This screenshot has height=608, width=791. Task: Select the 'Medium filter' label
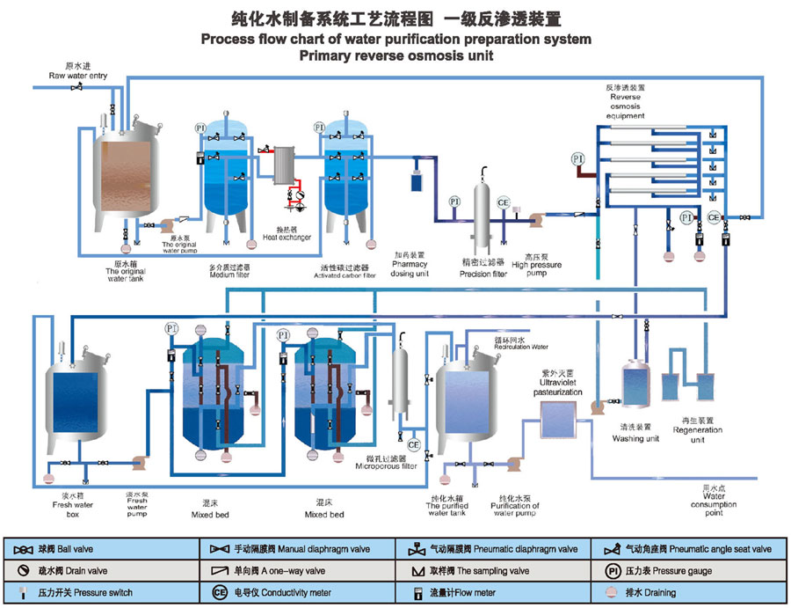click(229, 275)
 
